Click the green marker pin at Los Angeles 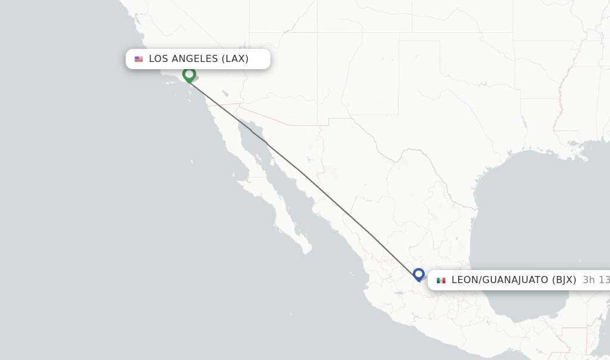pos(189,75)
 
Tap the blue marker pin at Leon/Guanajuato pos(418,274)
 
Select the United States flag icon pos(139,59)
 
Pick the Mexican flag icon pos(441,280)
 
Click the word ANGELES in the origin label pos(195,59)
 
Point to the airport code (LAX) pos(235,59)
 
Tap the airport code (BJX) pos(564,280)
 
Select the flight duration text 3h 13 pos(596,280)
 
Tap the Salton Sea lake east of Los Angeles pos(225,93)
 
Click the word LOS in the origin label pos(159,59)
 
